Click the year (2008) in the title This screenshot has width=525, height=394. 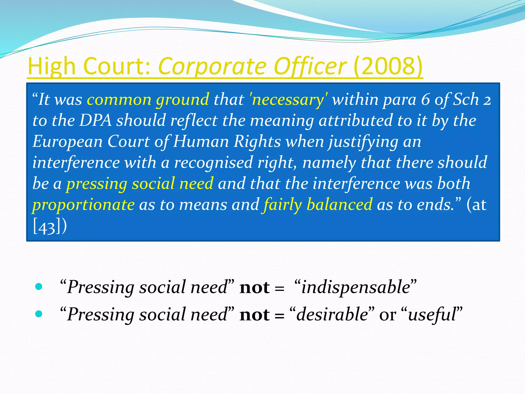[388, 66]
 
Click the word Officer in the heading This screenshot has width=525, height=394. [310, 66]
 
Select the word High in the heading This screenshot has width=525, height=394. [51, 66]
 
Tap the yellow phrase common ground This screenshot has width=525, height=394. [148, 100]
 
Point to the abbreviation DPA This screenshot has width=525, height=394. [95, 120]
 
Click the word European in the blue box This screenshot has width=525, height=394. [67, 141]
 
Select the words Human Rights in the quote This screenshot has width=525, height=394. [227, 141]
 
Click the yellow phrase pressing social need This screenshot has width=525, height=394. [140, 183]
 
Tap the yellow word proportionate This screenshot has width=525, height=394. [83, 204]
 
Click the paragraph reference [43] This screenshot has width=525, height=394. [47, 227]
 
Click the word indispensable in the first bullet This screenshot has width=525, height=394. [356, 287]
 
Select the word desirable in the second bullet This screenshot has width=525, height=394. [332, 314]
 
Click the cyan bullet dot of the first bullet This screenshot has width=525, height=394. [39, 286]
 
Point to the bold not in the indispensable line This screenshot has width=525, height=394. [254, 288]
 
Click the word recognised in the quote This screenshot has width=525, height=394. [213, 162]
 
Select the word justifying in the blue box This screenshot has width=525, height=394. [364, 141]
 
